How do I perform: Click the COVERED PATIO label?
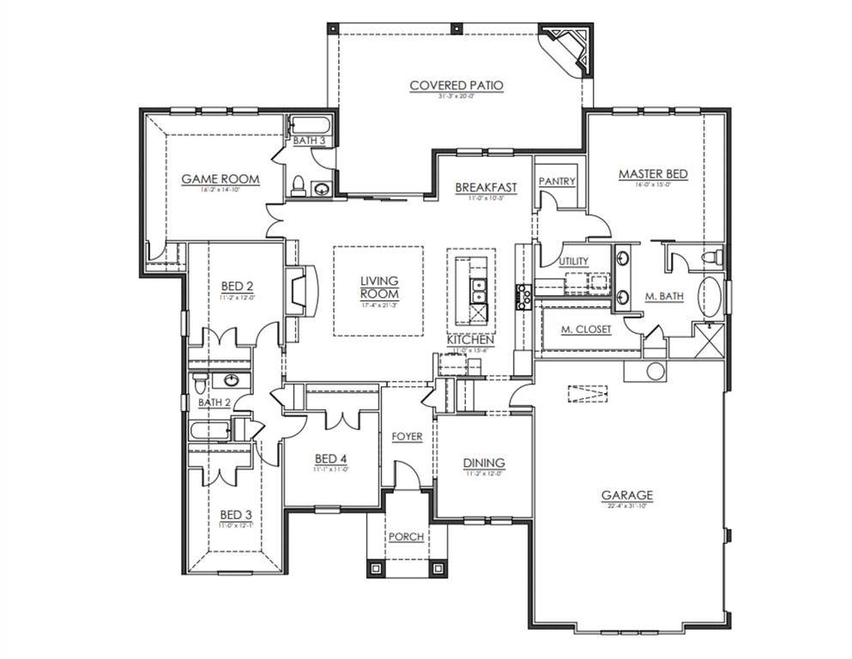pos(456,85)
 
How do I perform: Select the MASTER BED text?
pos(653,174)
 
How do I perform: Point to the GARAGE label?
pos(626,495)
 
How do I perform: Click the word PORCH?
pos(406,537)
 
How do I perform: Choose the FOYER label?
pos(407,437)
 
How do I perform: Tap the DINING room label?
pos(484,463)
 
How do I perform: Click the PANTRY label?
pos(556,182)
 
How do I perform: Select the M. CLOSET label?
pos(586,329)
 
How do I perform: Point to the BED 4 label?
pos(330,458)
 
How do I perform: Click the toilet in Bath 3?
pos(298,185)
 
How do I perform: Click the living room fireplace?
pos(299,292)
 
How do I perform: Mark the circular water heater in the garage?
pos(656,371)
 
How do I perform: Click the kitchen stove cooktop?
pos(523,295)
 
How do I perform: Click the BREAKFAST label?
pos(486,187)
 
